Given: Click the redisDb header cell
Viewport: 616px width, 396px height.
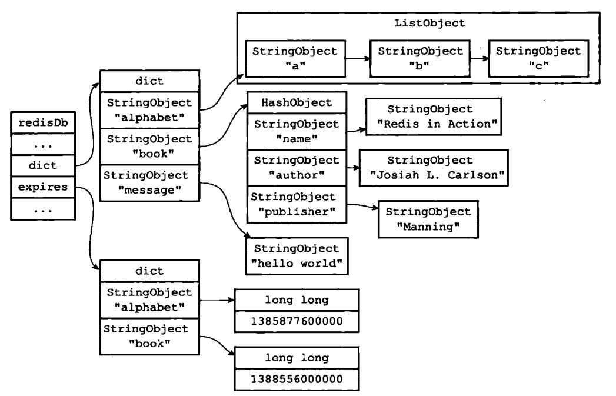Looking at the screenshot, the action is (x=43, y=122).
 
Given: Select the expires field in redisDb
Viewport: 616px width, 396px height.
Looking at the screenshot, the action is (x=43, y=187).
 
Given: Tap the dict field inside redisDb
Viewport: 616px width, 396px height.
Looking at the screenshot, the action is (x=43, y=165).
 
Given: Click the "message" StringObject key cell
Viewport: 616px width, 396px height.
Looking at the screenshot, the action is (x=149, y=183).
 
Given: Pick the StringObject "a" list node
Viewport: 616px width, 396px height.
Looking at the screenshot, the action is (x=295, y=58).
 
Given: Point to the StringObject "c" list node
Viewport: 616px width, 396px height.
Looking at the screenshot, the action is (x=538, y=58).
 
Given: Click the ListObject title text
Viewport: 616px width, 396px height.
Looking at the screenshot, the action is (x=429, y=23).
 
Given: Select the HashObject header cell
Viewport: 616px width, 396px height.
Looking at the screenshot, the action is (x=297, y=102).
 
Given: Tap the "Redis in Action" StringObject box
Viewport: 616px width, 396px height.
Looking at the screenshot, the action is (x=434, y=117).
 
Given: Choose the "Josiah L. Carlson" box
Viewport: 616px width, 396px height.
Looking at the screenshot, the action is (x=434, y=168).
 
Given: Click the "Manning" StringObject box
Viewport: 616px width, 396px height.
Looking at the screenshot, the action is (x=428, y=219).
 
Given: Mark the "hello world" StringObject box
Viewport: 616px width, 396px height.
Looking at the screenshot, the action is (x=297, y=256).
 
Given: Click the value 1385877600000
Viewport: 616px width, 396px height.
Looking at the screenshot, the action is (x=297, y=321).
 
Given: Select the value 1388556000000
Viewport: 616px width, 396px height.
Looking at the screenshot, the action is (x=297, y=379).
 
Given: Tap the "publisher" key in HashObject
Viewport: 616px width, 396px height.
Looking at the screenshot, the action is (x=297, y=204).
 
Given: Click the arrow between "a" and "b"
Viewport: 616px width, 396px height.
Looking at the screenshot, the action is (x=358, y=58).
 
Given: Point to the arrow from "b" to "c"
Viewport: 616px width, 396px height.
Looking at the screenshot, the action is (x=480, y=58).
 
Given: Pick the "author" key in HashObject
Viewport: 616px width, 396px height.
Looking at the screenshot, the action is (x=297, y=168).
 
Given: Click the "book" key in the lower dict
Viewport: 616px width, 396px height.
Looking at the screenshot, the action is (x=149, y=337).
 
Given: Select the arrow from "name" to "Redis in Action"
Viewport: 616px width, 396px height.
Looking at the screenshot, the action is (x=357, y=130).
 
